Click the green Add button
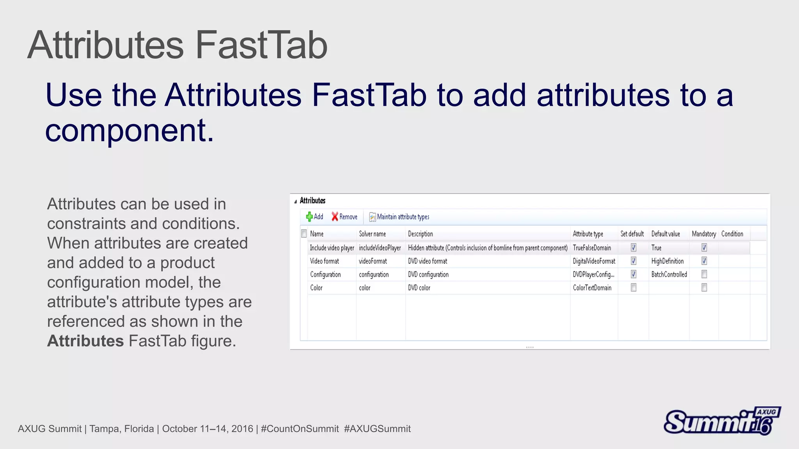click(x=314, y=217)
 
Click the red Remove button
click(x=344, y=217)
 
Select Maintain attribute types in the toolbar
click(x=399, y=217)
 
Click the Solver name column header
click(x=372, y=234)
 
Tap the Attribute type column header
click(x=588, y=234)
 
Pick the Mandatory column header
click(x=703, y=234)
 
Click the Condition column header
click(x=732, y=234)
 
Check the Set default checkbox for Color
click(x=634, y=288)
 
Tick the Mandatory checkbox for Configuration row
click(x=704, y=274)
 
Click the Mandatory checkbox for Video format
click(x=704, y=261)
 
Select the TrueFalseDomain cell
click(x=592, y=248)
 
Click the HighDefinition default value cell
click(x=667, y=261)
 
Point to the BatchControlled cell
click(x=669, y=274)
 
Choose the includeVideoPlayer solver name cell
click(x=380, y=248)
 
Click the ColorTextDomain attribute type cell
click(x=592, y=288)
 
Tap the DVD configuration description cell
click(x=428, y=274)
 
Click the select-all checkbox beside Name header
click(x=304, y=234)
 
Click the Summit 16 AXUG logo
click(x=722, y=421)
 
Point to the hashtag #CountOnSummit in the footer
click(x=300, y=429)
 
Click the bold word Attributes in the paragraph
click(x=85, y=341)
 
